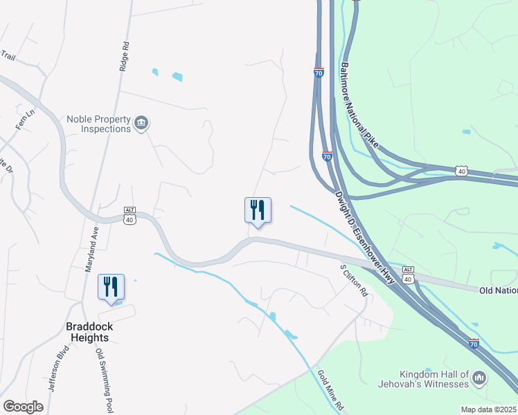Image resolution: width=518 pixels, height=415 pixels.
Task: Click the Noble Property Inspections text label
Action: [x=98, y=124]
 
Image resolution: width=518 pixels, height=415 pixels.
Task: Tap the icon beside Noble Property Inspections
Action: [x=142, y=124]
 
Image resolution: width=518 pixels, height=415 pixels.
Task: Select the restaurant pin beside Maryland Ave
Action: [x=111, y=287]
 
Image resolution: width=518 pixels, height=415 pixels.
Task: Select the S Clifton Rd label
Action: [x=352, y=279]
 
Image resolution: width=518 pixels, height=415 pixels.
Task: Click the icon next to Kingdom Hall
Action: [x=479, y=378]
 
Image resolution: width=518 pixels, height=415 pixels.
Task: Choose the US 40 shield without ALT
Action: [x=462, y=170]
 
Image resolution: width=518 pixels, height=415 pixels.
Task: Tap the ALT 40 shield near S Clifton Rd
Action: [x=408, y=275]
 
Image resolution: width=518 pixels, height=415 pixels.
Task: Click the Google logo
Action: [x=23, y=407]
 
